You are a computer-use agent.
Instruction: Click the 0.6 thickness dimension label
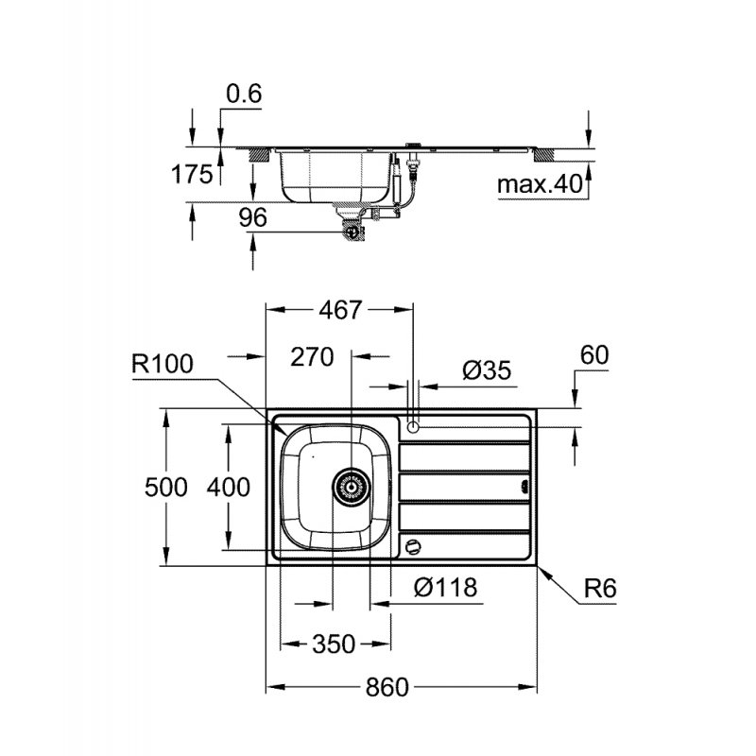coord(244,94)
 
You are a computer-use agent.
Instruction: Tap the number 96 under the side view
coord(253,217)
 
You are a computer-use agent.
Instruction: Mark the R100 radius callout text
coord(162,363)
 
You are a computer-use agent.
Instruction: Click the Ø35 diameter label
coord(487,370)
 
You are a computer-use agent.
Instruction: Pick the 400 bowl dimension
coord(229,487)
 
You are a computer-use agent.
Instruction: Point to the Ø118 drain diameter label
coord(445,587)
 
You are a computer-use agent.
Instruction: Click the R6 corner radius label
coord(599,588)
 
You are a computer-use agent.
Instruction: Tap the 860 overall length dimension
coord(387,687)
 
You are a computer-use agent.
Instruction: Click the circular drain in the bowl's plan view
coord(351,487)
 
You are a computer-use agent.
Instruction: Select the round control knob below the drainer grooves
coord(412,545)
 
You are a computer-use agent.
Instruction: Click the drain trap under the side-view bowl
coord(352,228)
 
